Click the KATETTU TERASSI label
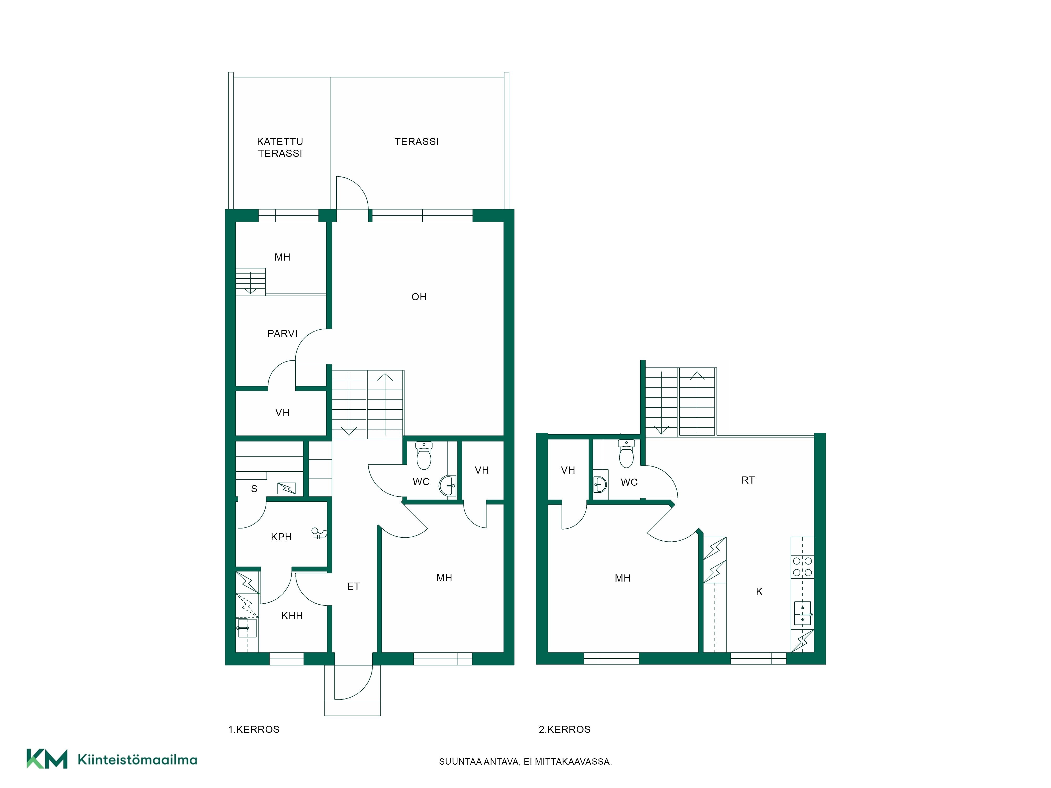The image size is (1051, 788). pyautogui.click(x=280, y=147)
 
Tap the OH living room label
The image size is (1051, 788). pyautogui.click(x=419, y=297)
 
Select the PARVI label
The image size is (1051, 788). pyautogui.click(x=282, y=333)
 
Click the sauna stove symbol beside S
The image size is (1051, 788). pyautogui.click(x=286, y=488)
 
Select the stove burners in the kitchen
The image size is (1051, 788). pyautogui.click(x=802, y=567)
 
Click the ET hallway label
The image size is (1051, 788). pyautogui.click(x=353, y=586)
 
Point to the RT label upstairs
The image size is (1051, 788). pyautogui.click(x=748, y=480)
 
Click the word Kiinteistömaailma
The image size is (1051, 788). pyautogui.click(x=137, y=760)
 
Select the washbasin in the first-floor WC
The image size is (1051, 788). pyautogui.click(x=447, y=485)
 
